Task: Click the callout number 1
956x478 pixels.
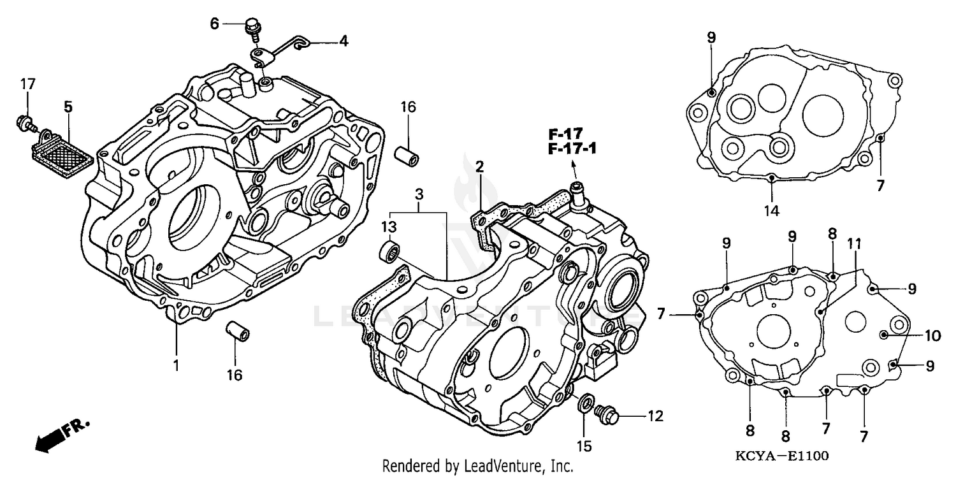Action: click(x=176, y=366)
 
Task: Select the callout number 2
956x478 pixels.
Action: click(x=479, y=167)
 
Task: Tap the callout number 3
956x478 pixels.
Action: click(x=418, y=192)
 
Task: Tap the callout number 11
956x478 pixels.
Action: click(x=854, y=243)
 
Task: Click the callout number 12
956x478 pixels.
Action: click(x=655, y=417)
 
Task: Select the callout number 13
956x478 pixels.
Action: click(x=389, y=228)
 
